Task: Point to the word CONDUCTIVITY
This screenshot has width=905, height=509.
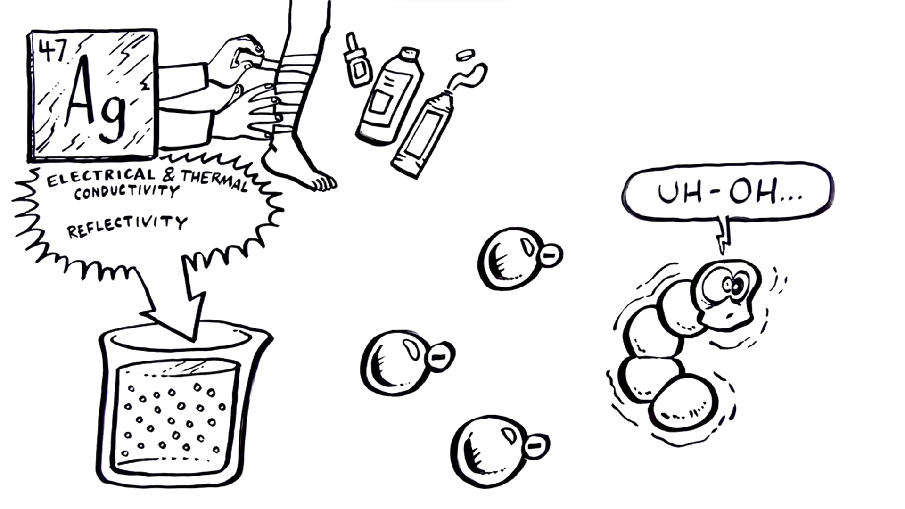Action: tap(126, 192)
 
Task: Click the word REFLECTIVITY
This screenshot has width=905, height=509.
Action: tap(127, 226)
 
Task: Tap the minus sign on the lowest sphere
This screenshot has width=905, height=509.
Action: tap(535, 445)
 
